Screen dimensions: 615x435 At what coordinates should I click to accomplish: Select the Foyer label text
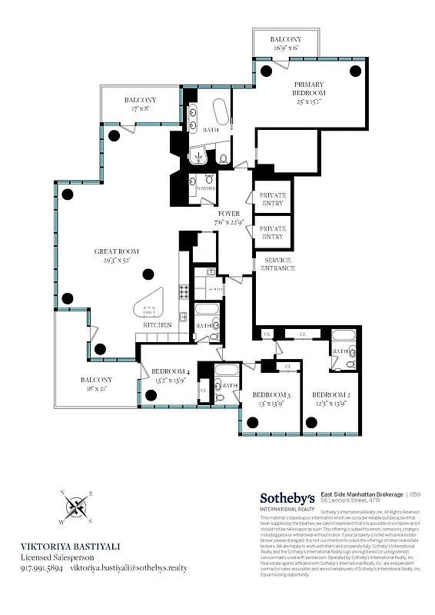229,218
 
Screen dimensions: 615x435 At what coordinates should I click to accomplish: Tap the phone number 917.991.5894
42,568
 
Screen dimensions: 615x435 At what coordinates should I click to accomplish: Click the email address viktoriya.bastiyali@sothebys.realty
129,568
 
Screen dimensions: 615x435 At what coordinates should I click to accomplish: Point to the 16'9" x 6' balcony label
285,44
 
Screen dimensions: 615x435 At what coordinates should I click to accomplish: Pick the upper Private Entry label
273,199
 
